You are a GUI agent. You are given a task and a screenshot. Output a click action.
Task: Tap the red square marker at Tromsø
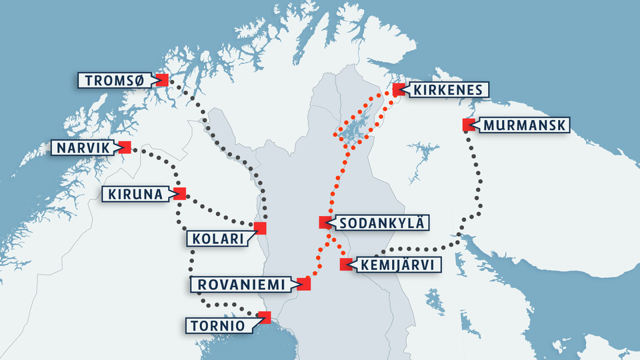coord(162,80)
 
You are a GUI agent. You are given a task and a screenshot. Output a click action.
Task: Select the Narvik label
coord(82,147)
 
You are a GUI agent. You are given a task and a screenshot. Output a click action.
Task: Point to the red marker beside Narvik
coord(125,147)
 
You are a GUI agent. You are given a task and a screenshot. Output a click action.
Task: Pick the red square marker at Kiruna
coord(179,193)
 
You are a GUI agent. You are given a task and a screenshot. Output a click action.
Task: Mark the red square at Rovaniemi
coord(304,284)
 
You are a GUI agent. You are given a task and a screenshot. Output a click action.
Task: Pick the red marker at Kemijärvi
coord(345,264)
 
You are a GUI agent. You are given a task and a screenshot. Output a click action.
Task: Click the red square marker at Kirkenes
coord(398,90)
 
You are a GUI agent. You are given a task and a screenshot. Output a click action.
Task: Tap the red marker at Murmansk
coord(467,125)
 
